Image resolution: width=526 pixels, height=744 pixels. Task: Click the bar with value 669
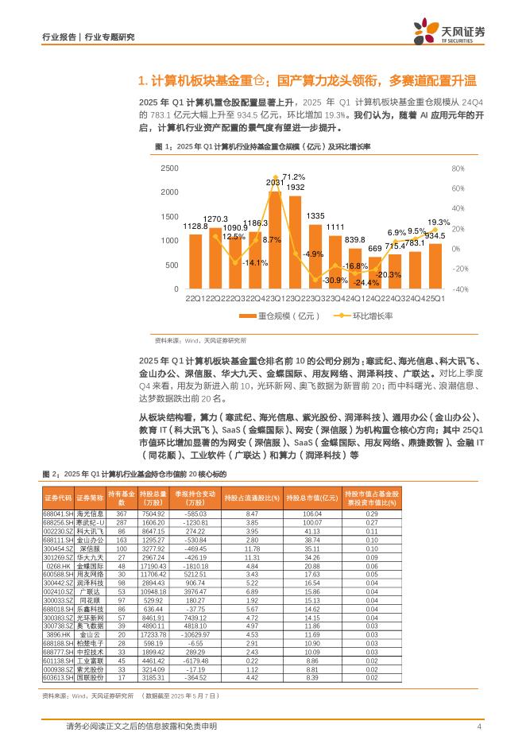pos(375,273)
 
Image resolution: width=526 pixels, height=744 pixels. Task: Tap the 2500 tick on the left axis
pos(169,169)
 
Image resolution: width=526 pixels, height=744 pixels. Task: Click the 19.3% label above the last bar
pos(439,222)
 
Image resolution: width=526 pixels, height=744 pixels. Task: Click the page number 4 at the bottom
pos(479,727)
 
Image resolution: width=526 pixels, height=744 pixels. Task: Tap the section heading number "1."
pos(143,81)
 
